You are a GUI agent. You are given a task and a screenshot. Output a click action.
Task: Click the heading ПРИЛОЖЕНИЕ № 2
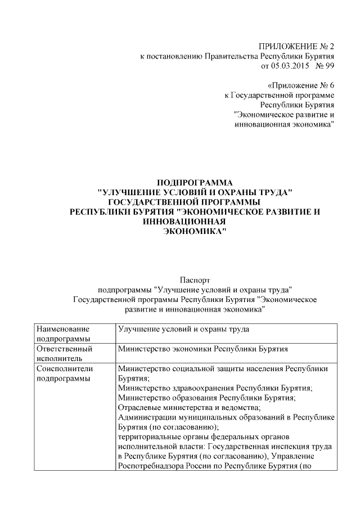click(x=296, y=46)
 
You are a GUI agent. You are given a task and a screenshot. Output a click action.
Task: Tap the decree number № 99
click(x=324, y=66)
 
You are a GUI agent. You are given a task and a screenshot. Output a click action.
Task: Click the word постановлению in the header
click(x=174, y=56)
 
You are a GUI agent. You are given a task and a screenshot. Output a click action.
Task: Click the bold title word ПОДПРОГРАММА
click(x=194, y=182)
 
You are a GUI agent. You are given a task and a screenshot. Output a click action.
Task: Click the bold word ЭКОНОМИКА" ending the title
click(x=193, y=231)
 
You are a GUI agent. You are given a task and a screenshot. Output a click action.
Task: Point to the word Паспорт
click(x=194, y=280)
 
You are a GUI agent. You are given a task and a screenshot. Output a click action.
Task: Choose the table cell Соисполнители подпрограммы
click(x=74, y=373)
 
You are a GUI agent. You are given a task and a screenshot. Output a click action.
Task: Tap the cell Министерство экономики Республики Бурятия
click(x=203, y=349)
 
